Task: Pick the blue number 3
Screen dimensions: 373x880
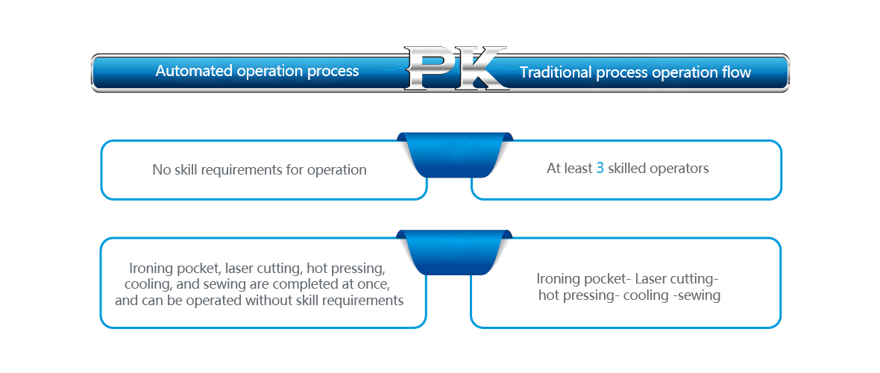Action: click(600, 169)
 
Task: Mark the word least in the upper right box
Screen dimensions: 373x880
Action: click(578, 169)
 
